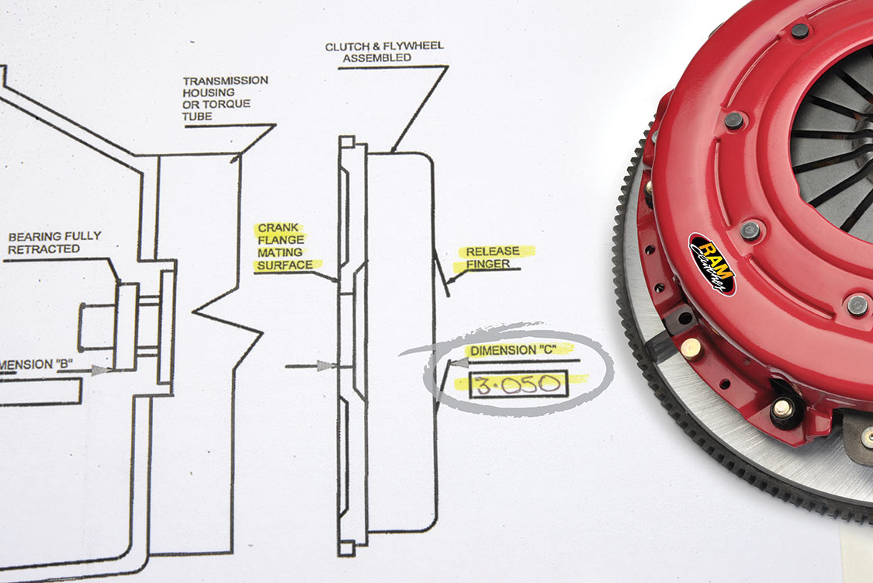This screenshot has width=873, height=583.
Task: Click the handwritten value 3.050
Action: [x=518, y=383]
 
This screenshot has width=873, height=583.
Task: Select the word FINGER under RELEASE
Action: [x=487, y=265]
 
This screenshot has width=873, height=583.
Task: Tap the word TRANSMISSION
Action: [x=225, y=81]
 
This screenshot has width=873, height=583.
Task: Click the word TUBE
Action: [x=197, y=116]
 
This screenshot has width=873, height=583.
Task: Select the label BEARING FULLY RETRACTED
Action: [x=54, y=242]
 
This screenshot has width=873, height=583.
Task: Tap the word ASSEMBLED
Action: [x=376, y=58]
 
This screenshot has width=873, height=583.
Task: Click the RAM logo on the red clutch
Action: [x=712, y=264]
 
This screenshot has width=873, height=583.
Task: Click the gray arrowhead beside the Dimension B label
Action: [x=99, y=370]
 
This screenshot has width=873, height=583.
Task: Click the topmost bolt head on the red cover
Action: [x=799, y=31]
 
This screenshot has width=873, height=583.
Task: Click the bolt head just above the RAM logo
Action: [x=750, y=230]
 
